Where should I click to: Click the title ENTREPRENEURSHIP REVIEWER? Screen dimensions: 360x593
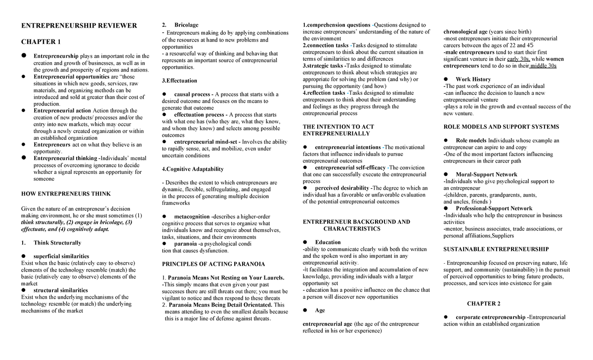pos(79,25)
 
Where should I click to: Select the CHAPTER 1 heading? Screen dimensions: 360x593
pos(41,41)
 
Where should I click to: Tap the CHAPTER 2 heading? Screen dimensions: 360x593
pos(484,303)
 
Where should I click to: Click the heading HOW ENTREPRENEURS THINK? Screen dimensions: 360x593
pos(65,194)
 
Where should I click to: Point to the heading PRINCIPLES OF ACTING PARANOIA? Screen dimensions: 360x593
pos(213,264)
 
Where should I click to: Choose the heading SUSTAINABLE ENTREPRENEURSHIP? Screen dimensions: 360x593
pos(496,249)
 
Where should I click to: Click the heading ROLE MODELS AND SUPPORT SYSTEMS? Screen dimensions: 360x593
pos(501,127)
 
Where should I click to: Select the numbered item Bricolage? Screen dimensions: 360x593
pos(186,25)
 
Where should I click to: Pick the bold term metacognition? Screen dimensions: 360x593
pos(192,217)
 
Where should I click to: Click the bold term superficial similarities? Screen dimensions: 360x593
pos(61,256)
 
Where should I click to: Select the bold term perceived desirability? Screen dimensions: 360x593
pos(342,188)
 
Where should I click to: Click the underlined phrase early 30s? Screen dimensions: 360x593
pos(519,59)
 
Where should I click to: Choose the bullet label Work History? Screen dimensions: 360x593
pos(473,79)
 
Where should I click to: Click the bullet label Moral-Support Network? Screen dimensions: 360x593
pos(486,174)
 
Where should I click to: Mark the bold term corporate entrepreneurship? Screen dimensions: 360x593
pos(490,317)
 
